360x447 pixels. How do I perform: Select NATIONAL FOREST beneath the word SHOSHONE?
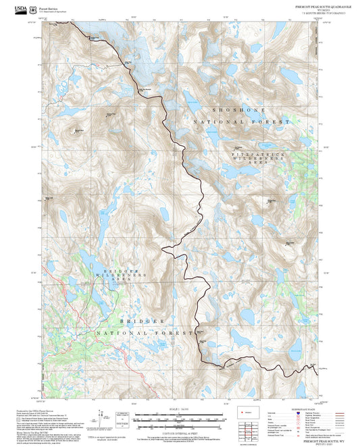coord(240,122)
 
